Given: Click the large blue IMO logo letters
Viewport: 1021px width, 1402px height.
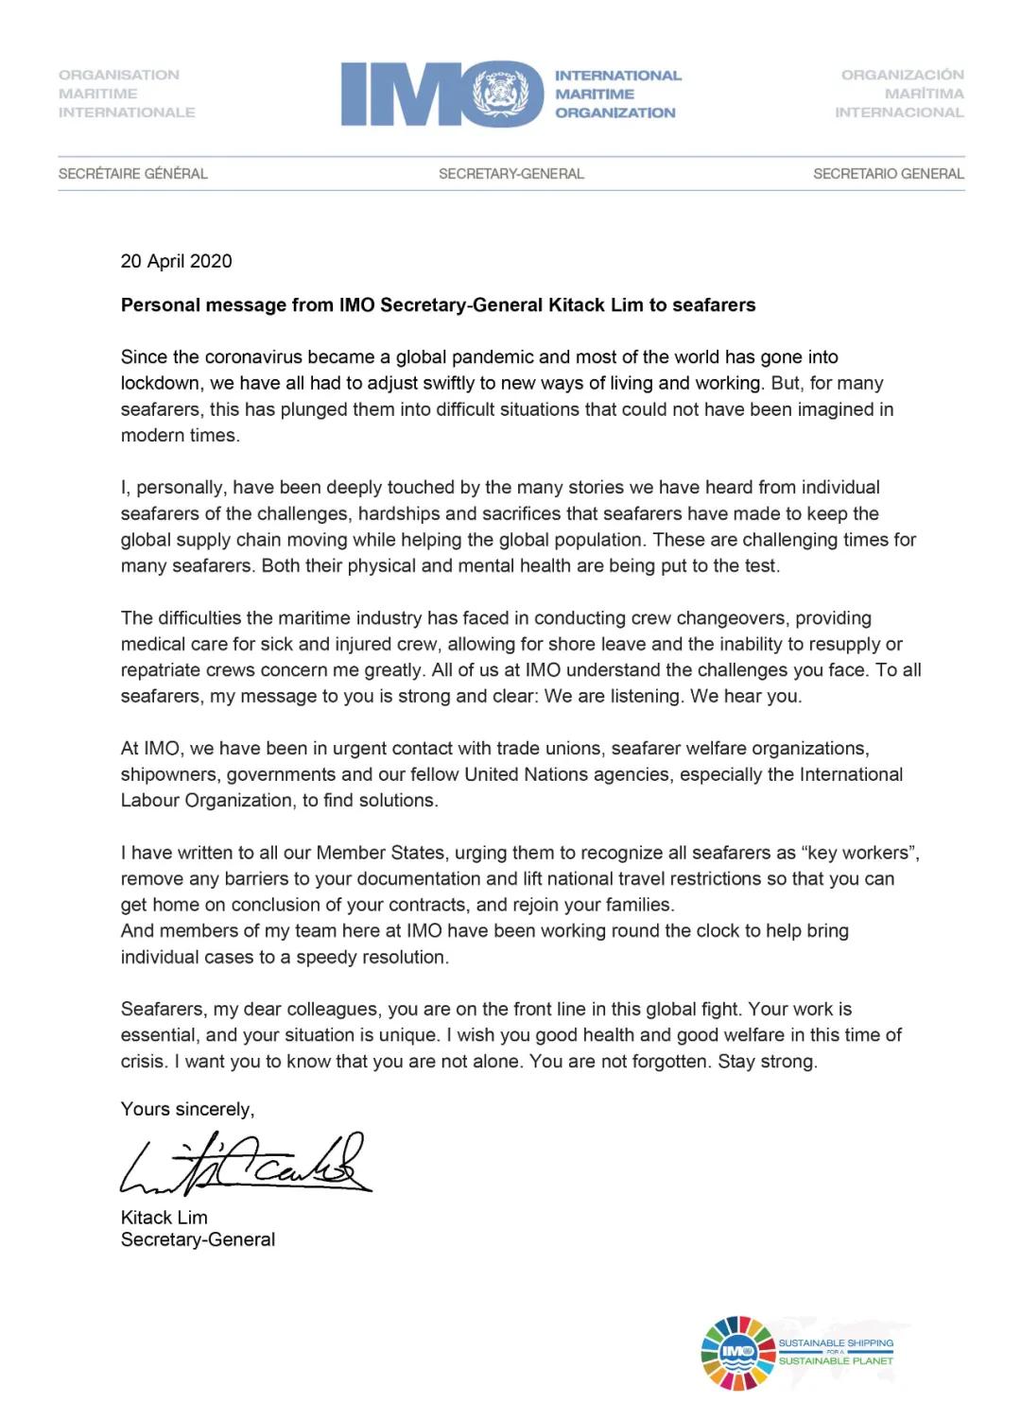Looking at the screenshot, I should tap(407, 94).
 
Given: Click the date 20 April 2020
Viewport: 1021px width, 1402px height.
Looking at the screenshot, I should tap(176, 262).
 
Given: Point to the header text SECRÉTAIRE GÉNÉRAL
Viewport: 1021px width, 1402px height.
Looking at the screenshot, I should tap(132, 174).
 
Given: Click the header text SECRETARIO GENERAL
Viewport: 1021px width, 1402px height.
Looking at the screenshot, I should tap(888, 174).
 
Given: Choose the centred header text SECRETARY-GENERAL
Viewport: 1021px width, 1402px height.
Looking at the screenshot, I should tap(510, 174).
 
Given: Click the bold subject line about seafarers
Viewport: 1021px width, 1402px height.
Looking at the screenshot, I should tap(438, 305).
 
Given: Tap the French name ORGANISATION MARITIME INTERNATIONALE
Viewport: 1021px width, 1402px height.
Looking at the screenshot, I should tap(127, 94).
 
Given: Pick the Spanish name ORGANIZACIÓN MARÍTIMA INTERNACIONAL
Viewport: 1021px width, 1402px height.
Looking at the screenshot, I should tap(901, 94).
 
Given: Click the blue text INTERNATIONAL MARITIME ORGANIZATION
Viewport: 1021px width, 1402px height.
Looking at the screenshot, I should tap(616, 94).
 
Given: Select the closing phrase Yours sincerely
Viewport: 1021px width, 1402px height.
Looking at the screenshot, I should tap(187, 1109).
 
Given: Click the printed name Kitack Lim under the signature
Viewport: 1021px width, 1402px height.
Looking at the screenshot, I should tap(164, 1218).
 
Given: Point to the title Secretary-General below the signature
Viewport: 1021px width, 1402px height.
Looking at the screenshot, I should tap(198, 1239).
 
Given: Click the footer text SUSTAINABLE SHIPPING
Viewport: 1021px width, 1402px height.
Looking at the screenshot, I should tap(836, 1342).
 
